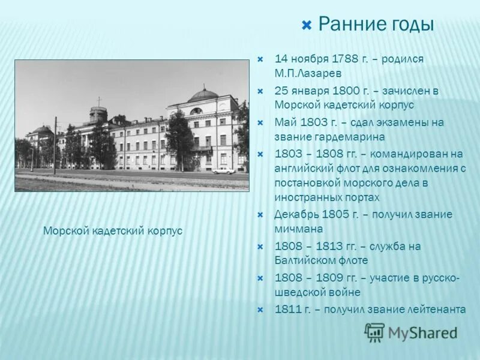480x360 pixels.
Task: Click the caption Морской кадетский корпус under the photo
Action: tap(113, 230)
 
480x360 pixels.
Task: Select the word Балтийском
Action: tap(307, 260)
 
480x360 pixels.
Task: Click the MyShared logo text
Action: tap(422, 332)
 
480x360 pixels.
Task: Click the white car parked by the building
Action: tap(223, 171)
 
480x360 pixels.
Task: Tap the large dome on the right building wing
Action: tap(202, 94)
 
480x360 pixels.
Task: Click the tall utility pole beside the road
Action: tap(55, 147)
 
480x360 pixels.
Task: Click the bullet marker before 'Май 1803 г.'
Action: tap(260, 122)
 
